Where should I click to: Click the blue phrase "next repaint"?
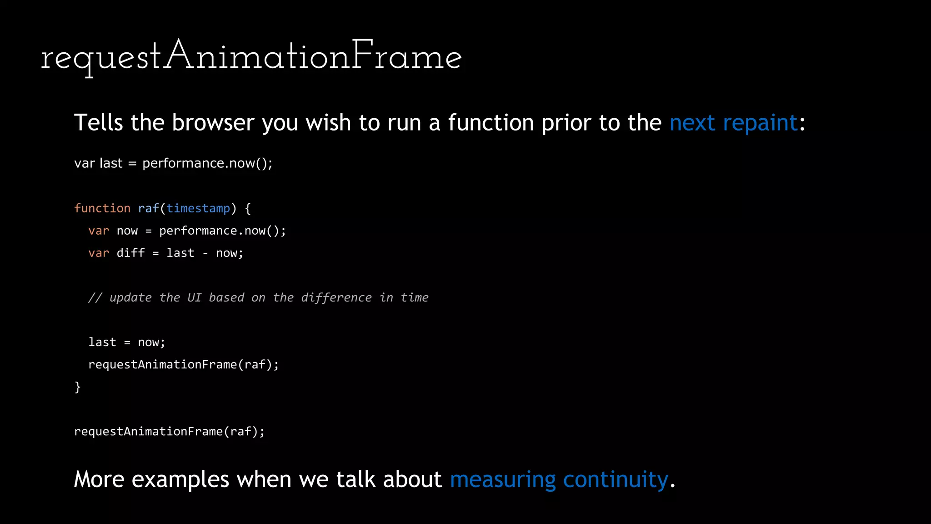point(733,123)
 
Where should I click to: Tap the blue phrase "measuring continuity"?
point(559,479)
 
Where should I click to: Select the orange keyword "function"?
point(102,208)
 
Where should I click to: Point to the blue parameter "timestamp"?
point(198,208)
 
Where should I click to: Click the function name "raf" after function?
point(148,208)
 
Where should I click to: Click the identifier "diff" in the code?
point(130,253)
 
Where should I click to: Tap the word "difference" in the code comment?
point(336,297)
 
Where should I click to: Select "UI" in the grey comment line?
point(194,297)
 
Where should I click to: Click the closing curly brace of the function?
point(78,387)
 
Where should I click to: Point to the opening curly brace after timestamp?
point(248,209)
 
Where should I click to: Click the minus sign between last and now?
point(205,253)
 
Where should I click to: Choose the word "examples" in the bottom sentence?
point(180,479)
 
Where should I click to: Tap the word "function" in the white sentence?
point(491,123)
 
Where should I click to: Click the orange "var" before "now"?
point(99,231)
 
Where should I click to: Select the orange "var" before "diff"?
point(99,253)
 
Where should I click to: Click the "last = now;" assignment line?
point(127,342)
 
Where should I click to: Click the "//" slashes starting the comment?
point(95,297)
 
